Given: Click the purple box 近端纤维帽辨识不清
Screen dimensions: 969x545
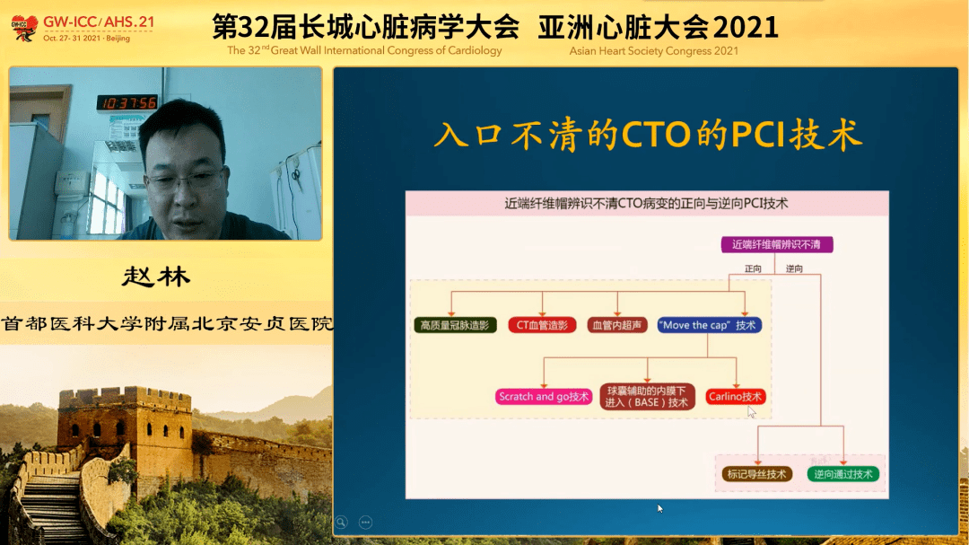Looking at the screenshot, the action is [777, 244].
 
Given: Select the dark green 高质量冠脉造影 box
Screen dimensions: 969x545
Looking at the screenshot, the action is [455, 325].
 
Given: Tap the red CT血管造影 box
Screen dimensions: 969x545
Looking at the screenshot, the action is [542, 325].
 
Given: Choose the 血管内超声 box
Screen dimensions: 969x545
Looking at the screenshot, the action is [616, 325].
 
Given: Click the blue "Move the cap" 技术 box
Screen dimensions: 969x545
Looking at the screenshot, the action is [709, 325].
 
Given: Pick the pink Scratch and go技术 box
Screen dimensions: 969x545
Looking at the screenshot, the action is [544, 397].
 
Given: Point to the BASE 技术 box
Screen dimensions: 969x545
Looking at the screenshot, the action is [647, 397].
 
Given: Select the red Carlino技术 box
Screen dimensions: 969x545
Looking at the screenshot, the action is [735, 397].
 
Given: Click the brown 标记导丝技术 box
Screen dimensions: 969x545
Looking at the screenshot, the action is [757, 474].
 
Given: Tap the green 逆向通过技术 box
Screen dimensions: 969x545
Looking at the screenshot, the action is [842, 474].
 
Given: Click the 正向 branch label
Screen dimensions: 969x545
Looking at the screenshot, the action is [753, 268].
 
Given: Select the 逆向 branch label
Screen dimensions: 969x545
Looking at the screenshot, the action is [794, 268].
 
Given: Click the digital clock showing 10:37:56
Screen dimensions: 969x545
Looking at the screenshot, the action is [127, 102].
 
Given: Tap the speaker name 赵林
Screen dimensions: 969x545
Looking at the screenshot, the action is [156, 277].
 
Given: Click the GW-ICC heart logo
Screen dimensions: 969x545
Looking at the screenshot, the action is [24, 28].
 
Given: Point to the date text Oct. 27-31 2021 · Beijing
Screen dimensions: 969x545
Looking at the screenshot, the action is [86, 39].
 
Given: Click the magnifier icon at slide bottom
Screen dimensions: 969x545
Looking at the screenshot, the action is [341, 523].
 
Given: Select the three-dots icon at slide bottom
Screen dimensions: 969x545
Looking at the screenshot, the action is [365, 523].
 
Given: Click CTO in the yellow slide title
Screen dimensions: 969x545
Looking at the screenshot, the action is [656, 135].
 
